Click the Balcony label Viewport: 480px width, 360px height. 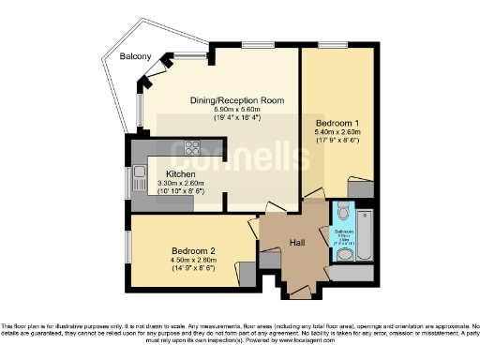click(x=136, y=57)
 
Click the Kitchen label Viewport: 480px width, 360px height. click(x=180, y=174)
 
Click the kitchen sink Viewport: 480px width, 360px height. click(x=139, y=173)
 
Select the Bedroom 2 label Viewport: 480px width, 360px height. click(x=193, y=251)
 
